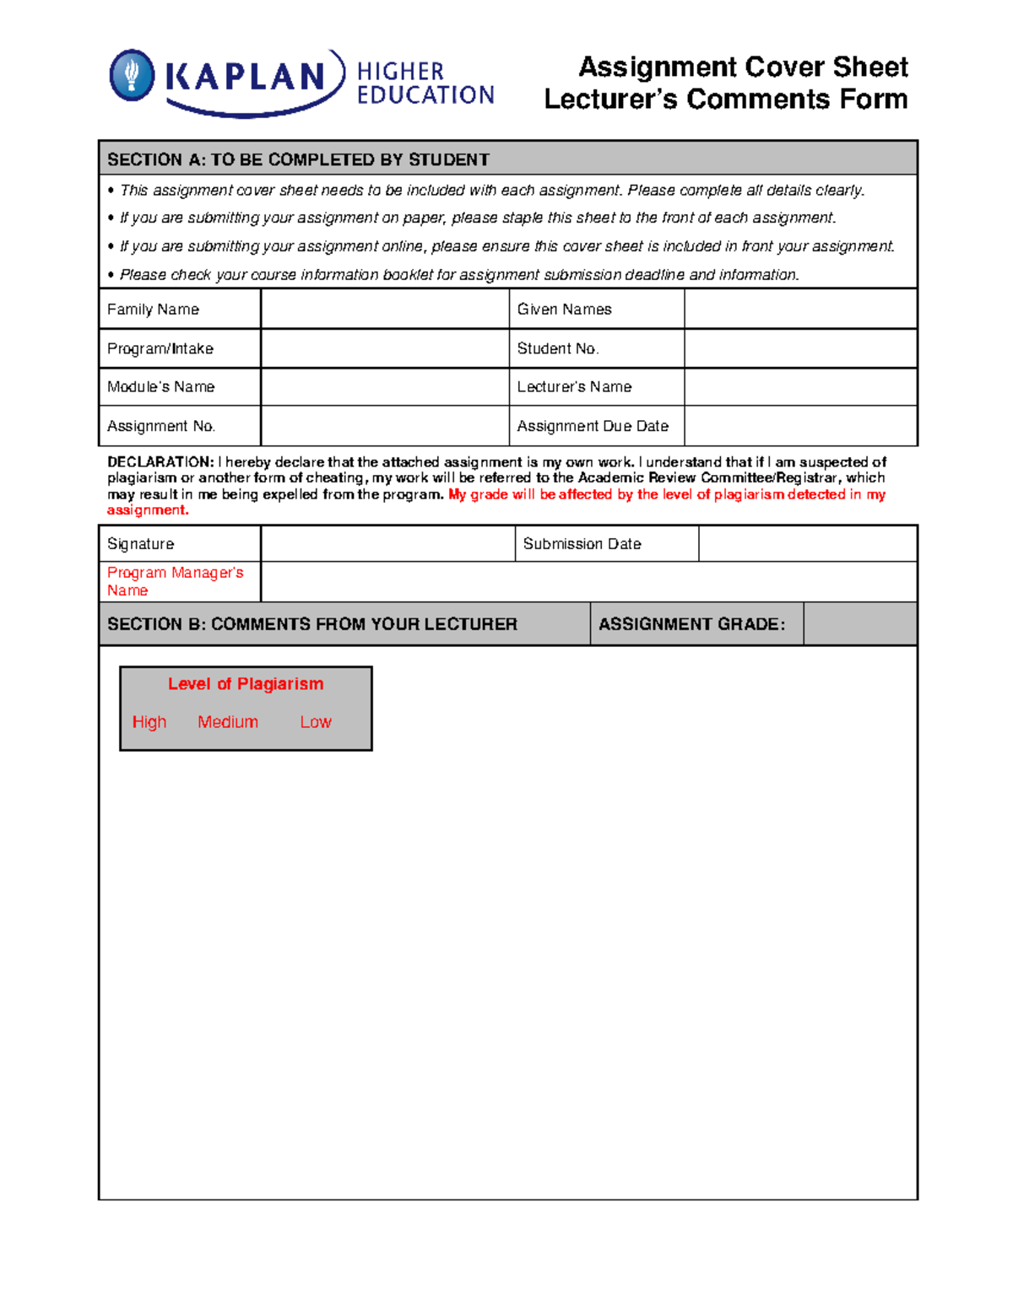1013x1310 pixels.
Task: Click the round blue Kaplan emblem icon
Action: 133,75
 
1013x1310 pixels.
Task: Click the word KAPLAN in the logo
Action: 245,77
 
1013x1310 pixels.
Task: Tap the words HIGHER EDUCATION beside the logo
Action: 425,84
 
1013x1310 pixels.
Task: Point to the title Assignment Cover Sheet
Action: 743,67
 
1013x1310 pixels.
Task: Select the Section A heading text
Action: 298,159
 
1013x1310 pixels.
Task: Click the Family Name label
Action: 153,310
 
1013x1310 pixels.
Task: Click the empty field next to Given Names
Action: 799,309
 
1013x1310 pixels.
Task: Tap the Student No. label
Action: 557,348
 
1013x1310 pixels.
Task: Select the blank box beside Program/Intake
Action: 384,348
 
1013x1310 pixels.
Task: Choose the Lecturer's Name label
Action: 574,387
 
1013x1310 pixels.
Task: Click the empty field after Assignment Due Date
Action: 799,426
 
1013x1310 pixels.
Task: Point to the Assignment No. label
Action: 160,426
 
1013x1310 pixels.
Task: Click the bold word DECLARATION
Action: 160,462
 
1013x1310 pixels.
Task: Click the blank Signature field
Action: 387,544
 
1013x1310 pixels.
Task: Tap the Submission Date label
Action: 582,544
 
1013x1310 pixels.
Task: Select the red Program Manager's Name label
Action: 175,581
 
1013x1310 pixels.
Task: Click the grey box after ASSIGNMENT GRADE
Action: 859,624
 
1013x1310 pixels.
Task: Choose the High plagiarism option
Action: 149,722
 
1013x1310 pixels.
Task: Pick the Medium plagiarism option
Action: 228,722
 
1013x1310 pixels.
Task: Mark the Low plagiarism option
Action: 316,722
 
